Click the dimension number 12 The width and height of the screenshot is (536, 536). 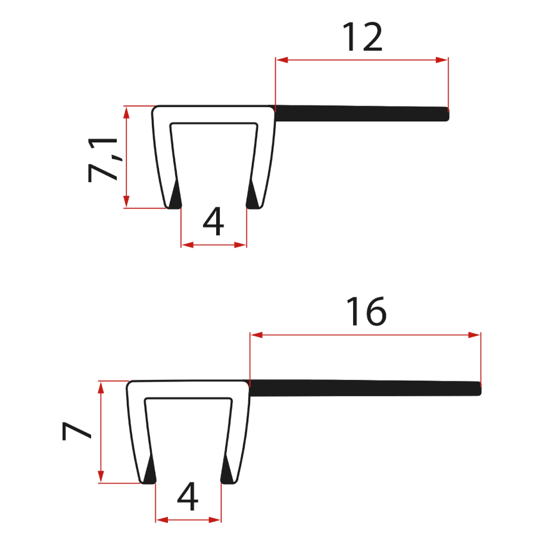click(x=362, y=37)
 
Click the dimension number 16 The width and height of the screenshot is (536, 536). click(x=367, y=311)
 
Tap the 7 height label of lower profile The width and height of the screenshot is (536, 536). click(x=77, y=431)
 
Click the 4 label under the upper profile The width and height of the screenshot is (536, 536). click(x=213, y=223)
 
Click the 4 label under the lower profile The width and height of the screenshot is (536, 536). click(x=188, y=497)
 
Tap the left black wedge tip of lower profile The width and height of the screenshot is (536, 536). click(x=149, y=472)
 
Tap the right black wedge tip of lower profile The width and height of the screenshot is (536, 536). click(x=227, y=472)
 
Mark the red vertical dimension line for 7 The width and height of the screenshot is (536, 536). click(x=101, y=432)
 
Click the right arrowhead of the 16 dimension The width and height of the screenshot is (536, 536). click(x=475, y=335)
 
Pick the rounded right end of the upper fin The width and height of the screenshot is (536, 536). click(x=446, y=113)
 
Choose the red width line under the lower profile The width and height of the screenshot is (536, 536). click(x=188, y=519)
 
